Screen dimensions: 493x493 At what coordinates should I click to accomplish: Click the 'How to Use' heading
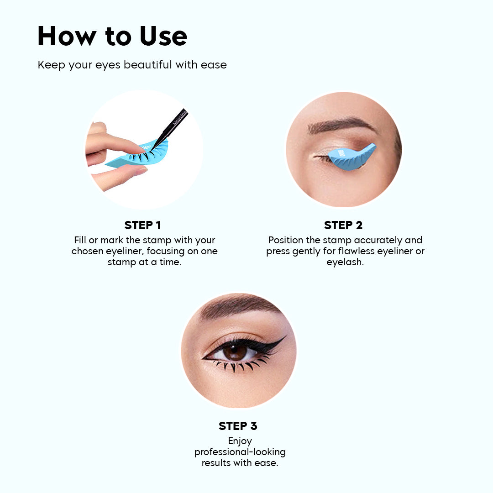click(112, 36)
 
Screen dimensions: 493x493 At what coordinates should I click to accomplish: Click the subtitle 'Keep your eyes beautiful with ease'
click(132, 65)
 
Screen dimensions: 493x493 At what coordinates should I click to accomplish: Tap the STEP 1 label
click(142, 225)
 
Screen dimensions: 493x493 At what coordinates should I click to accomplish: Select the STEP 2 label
click(343, 225)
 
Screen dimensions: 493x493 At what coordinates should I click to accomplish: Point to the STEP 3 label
click(238, 426)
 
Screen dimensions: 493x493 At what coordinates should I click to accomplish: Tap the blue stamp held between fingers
click(137, 155)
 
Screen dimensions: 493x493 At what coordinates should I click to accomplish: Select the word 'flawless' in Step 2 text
click(355, 251)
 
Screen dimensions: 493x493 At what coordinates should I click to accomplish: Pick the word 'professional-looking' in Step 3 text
click(240, 452)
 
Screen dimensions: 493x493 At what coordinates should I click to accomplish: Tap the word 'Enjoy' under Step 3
click(240, 441)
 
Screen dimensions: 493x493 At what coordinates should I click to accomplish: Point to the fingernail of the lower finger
click(140, 171)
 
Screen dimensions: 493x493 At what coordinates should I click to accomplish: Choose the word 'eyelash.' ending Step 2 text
click(345, 262)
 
